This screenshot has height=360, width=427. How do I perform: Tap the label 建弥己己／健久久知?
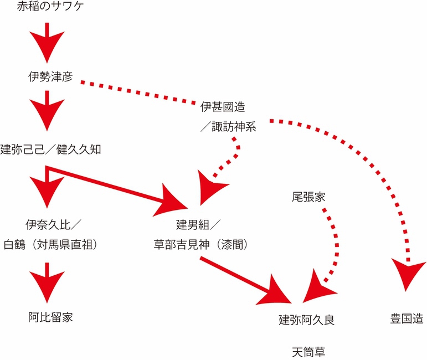(x=50, y=150)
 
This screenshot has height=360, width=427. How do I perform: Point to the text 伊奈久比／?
(x=54, y=224)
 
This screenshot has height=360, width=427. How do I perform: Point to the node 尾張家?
(x=308, y=197)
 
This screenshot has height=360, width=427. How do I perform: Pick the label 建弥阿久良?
(x=306, y=320)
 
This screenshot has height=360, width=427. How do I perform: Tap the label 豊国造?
(x=407, y=320)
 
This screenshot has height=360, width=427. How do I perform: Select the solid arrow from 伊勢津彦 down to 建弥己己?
(x=47, y=111)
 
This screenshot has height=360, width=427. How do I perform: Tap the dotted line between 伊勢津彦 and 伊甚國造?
(x=138, y=92)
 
